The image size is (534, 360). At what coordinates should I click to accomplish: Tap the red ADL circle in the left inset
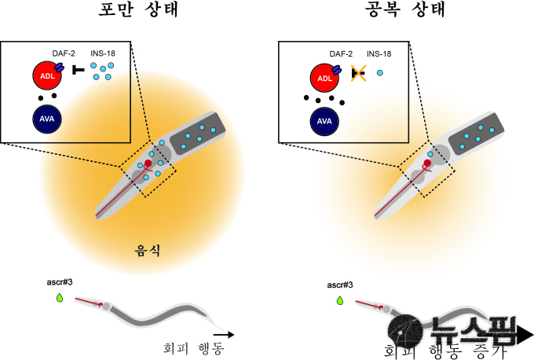pyautogui.click(x=47, y=77)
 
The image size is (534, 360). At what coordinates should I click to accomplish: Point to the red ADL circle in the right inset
pyautogui.click(x=325, y=77)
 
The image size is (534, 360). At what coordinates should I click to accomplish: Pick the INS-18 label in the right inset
pyautogui.click(x=378, y=53)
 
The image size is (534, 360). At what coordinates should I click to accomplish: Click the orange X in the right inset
pyautogui.click(x=358, y=73)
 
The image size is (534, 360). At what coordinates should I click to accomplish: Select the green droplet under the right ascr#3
pyautogui.click(x=339, y=300)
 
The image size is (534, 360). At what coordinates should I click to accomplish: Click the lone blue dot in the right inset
pyautogui.click(x=380, y=72)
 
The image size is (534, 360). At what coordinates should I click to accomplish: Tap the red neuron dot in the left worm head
pyautogui.click(x=148, y=163)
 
